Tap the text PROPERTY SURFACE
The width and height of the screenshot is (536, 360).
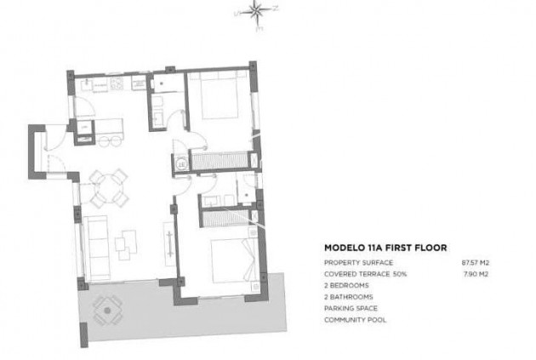[x=358, y=262]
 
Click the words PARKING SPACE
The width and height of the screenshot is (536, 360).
[x=351, y=308]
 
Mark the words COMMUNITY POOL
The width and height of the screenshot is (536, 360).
[x=355, y=320]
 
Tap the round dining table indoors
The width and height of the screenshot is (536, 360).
[x=108, y=188]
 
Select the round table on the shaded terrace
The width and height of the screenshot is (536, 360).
[x=107, y=311]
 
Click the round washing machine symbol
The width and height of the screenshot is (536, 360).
[x=181, y=164]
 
